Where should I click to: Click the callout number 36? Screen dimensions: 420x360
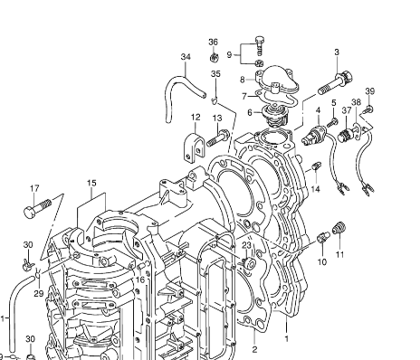[213, 42]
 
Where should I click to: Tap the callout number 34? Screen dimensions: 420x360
[186, 57]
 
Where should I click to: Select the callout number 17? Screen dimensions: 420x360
[34, 188]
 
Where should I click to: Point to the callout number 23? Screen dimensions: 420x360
[246, 245]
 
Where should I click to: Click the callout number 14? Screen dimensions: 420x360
[316, 189]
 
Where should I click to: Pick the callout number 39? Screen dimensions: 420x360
[370, 91]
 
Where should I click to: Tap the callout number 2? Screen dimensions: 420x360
[254, 349]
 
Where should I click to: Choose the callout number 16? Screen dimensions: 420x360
[140, 279]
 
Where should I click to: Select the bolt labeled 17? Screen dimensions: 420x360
[37, 206]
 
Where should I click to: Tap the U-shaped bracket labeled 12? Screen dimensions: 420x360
[194, 147]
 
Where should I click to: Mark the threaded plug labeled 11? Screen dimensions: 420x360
[339, 228]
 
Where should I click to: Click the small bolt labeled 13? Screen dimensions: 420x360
[218, 137]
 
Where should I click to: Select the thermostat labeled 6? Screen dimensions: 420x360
[273, 116]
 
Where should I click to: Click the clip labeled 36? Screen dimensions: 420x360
[215, 57]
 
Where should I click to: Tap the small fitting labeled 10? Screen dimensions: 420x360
[324, 237]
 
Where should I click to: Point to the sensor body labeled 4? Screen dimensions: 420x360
[314, 137]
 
